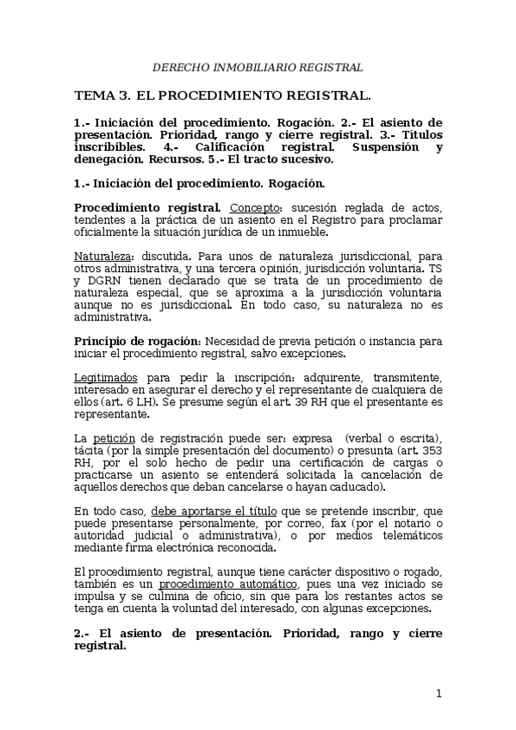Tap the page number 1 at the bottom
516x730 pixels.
(438, 693)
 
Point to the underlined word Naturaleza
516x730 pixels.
(101, 256)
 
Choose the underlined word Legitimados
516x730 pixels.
(106, 377)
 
